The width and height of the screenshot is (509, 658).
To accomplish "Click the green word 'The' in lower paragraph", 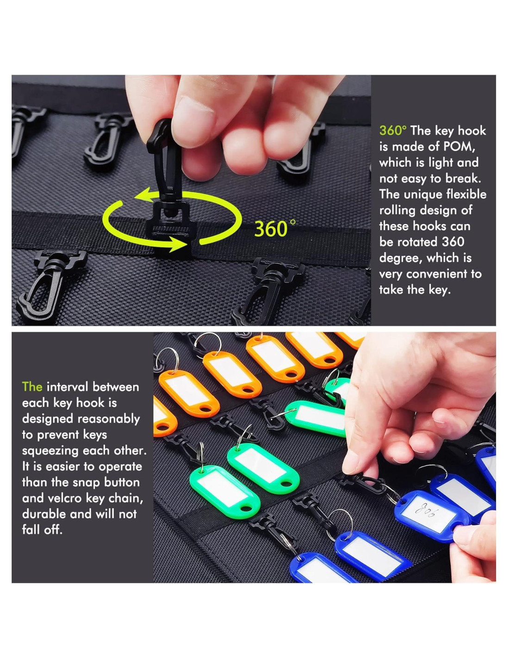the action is (32, 387).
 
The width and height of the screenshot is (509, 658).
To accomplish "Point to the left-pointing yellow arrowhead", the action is (143, 195).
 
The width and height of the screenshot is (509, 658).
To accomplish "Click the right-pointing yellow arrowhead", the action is (177, 244).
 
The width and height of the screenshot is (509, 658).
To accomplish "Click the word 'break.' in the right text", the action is (463, 178).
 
